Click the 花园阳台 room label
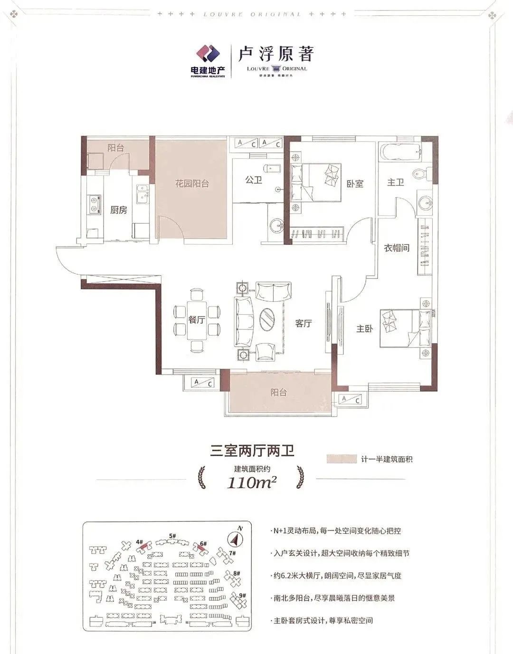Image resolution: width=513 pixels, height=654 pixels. click(192, 184)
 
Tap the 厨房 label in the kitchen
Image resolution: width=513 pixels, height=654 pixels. click(118, 210)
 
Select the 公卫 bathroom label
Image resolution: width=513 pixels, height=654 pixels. click(254, 180)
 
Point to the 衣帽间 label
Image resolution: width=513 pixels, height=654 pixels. click(397, 248)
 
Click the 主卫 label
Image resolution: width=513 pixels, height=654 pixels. click(395, 182)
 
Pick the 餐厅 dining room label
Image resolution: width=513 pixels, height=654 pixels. click(197, 320)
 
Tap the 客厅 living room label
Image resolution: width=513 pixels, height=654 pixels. click(304, 323)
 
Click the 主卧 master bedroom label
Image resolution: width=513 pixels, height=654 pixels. click(364, 328)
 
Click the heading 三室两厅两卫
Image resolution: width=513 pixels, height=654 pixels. click(252, 450)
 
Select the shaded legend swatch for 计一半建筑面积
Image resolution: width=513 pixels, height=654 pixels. click(342, 459)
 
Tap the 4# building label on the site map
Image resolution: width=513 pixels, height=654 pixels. click(139, 541)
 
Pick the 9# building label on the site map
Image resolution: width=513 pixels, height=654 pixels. click(242, 595)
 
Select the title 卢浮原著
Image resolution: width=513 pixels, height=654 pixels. click(276, 54)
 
